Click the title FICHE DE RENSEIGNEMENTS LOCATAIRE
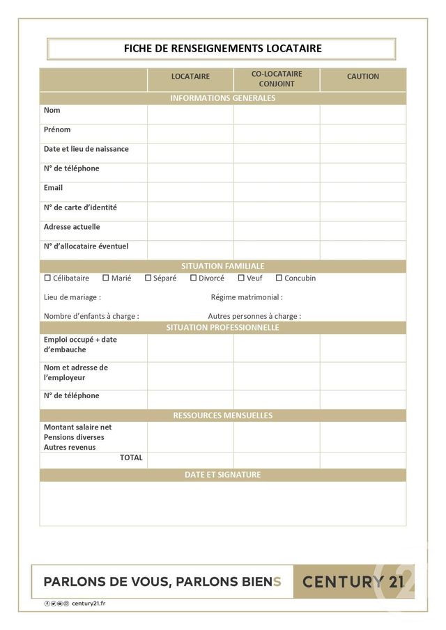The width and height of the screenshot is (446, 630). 222,49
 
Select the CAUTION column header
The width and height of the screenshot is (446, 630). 362,77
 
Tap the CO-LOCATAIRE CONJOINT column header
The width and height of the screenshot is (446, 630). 277,79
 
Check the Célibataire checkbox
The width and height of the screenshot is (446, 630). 47,278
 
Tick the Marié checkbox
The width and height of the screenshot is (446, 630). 106,278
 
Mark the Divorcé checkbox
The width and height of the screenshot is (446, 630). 193,278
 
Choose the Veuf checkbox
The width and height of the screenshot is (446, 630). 241,278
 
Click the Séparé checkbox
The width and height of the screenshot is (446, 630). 148,278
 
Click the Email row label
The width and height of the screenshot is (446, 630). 54,188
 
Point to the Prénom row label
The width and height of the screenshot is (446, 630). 57,129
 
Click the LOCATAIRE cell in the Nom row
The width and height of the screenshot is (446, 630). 190,114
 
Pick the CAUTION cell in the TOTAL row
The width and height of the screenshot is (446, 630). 362,460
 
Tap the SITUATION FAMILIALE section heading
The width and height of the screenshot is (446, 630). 222,266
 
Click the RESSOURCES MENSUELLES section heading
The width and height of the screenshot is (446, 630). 222,416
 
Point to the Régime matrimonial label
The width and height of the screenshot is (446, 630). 247,297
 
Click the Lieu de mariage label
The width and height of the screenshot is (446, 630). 72,297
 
